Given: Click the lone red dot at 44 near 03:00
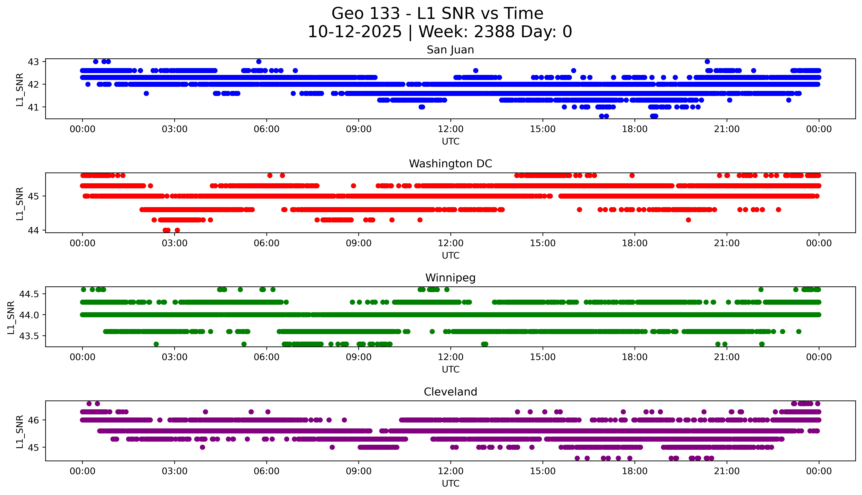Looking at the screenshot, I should click(177, 230).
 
